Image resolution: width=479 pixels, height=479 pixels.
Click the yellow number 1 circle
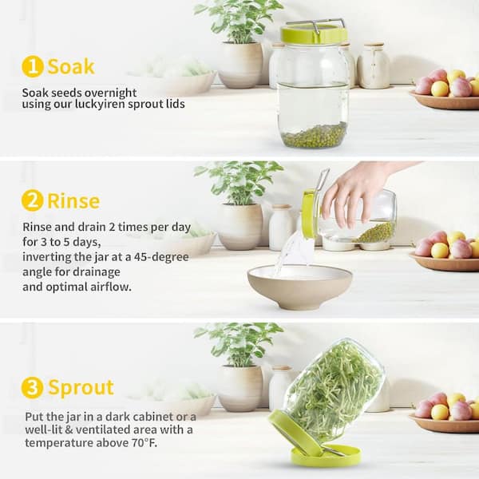[33, 66]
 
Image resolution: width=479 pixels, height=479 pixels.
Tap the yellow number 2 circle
[33, 200]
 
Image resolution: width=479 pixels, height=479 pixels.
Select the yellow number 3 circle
[32, 387]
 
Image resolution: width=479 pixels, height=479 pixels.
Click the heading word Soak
[71, 66]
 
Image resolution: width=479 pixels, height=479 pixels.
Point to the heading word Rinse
[73, 201]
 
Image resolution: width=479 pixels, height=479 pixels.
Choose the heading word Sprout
[81, 388]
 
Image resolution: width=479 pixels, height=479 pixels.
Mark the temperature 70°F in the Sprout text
[144, 442]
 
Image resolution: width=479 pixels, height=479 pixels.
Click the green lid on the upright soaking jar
[314, 34]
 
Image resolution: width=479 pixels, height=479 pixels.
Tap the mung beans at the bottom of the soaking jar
[314, 136]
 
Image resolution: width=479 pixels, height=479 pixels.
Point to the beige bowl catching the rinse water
[299, 287]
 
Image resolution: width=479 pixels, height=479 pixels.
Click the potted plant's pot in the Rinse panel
[240, 227]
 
